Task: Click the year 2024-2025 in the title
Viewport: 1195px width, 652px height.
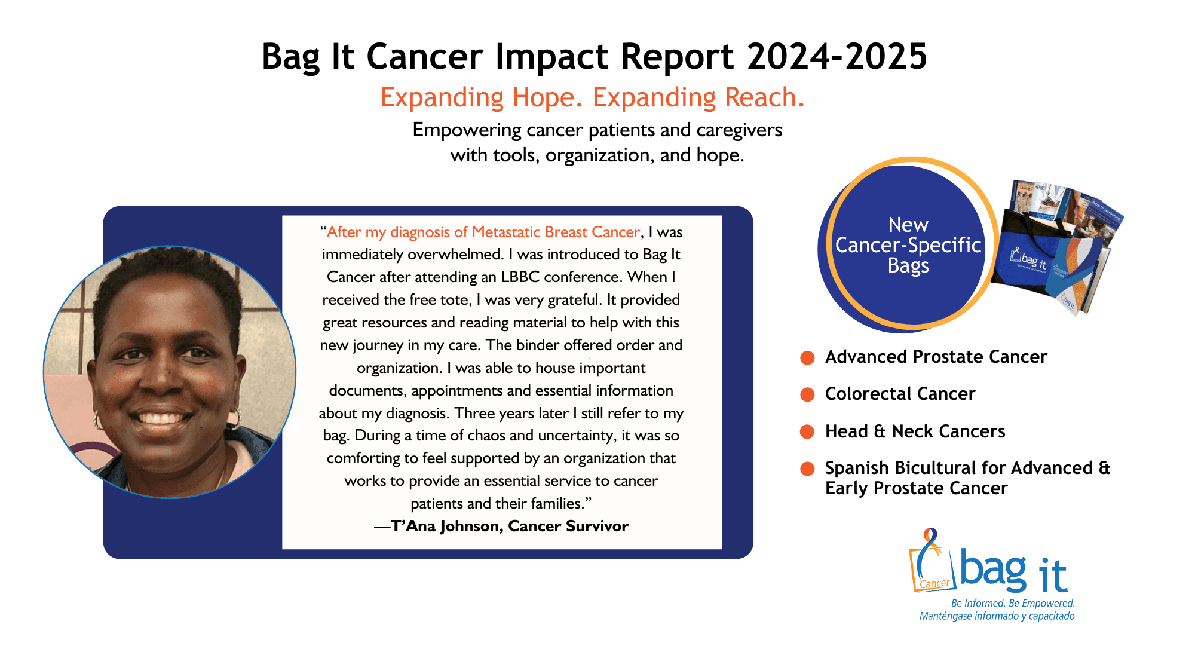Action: coord(836,57)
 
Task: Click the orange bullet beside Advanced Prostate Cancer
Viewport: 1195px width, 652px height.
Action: coord(807,357)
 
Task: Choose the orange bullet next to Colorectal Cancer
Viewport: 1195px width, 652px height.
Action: coord(807,394)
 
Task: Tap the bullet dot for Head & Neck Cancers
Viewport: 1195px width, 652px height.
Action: coord(807,431)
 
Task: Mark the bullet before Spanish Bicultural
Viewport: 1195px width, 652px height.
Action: coord(807,469)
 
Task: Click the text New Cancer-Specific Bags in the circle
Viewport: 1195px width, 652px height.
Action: coord(908,245)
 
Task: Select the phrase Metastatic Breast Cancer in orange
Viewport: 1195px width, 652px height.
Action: coord(556,232)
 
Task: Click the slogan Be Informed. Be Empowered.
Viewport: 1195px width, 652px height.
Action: coord(1013,604)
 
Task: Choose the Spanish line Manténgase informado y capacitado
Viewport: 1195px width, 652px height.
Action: coord(997,616)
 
